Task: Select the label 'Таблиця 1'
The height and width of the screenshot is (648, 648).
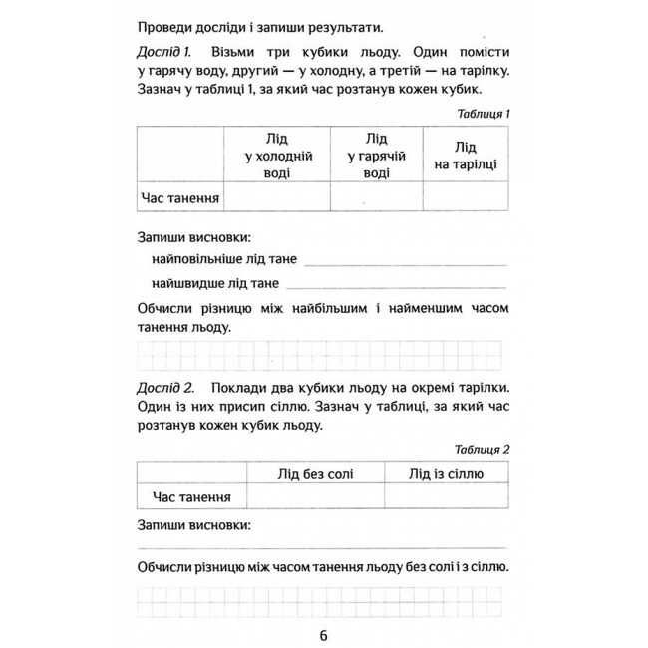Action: (483, 114)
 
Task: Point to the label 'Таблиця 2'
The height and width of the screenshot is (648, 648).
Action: (483, 449)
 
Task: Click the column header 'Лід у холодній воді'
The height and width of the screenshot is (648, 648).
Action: (279, 156)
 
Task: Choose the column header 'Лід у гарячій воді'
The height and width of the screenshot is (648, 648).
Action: (376, 156)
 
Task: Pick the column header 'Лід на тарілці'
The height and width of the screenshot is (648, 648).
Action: (465, 156)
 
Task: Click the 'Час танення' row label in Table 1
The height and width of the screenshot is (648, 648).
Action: (179, 197)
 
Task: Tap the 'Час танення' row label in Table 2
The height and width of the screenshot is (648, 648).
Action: (191, 495)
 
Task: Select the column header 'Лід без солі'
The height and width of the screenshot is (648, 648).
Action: (315, 473)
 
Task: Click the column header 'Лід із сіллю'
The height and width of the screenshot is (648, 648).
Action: (446, 473)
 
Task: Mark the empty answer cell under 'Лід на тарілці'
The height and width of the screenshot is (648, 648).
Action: (465, 197)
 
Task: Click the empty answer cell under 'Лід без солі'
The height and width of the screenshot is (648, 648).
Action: (315, 495)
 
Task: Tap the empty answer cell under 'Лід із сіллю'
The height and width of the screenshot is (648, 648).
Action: (446, 495)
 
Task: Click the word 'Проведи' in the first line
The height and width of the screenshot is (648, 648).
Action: (163, 25)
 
